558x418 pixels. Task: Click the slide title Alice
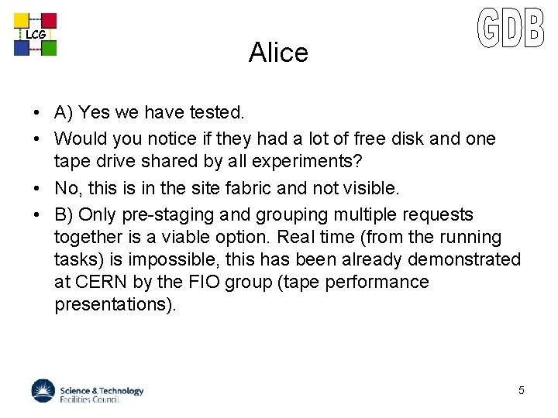click(x=278, y=53)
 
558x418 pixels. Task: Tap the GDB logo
click(x=511, y=29)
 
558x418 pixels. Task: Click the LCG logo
click(x=35, y=34)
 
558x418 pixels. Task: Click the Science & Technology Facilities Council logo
click(x=88, y=391)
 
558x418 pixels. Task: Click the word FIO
click(x=203, y=282)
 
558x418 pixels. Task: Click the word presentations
click(x=115, y=304)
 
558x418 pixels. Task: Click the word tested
click(x=217, y=113)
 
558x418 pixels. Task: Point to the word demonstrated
click(x=464, y=259)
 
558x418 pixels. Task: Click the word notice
click(x=177, y=139)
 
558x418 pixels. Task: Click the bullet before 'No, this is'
click(x=37, y=187)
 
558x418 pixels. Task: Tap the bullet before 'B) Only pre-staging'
click(x=37, y=214)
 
